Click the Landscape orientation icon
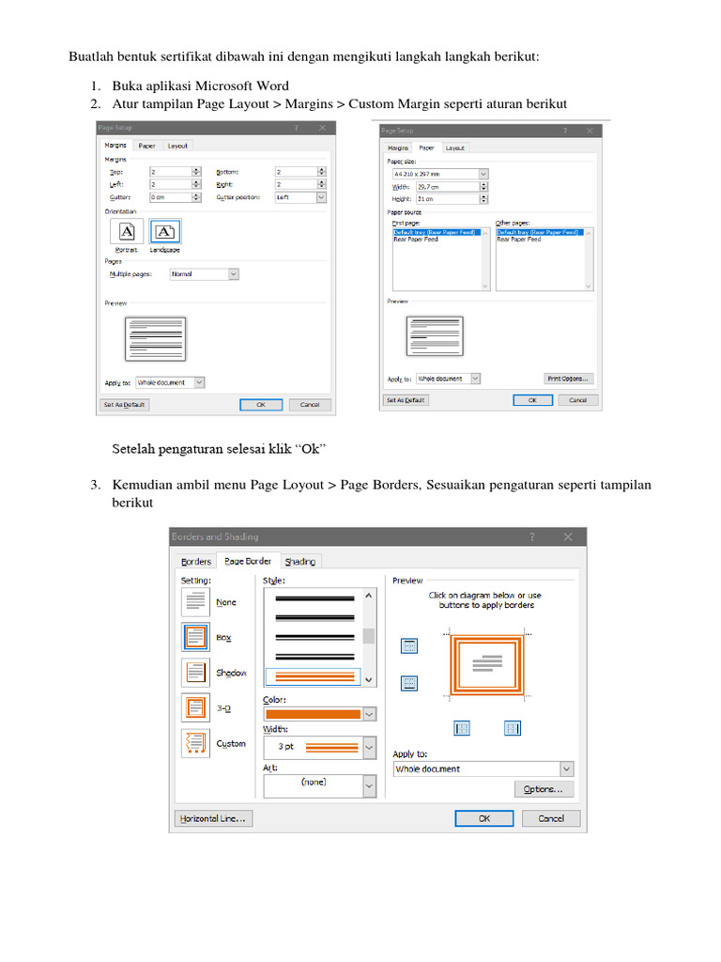165,231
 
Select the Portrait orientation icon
127,231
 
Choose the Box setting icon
195,637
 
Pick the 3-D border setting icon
195,706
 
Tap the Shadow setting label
230,673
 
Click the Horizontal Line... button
213,818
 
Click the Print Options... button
569,379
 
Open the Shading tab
300,561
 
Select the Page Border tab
248,561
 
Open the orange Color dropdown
319,714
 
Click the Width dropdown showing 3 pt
319,748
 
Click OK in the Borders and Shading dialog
483,818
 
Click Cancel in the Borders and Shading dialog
551,818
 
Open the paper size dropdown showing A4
439,174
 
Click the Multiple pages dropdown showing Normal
204,274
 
